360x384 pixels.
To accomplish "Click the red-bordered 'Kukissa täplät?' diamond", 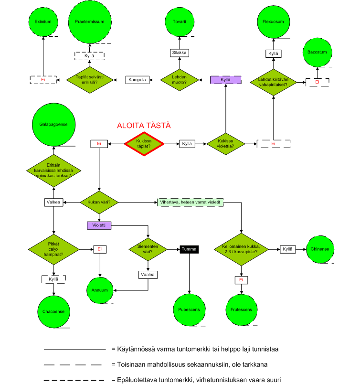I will click(144, 143).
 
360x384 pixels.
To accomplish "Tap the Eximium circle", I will click(43, 21).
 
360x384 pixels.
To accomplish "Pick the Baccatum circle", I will click(317, 52).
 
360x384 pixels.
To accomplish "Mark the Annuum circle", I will click(100, 290).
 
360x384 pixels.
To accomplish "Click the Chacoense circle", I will click(53, 311).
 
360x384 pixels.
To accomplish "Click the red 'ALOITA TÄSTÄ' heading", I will click(144, 126).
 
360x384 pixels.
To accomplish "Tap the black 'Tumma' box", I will click(189, 249).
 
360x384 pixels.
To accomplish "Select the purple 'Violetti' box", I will click(100, 224).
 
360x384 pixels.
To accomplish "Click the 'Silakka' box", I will click(180, 53).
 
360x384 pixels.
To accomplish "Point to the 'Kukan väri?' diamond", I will click(99, 203).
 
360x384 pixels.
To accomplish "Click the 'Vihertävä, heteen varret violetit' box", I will click(190, 203).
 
